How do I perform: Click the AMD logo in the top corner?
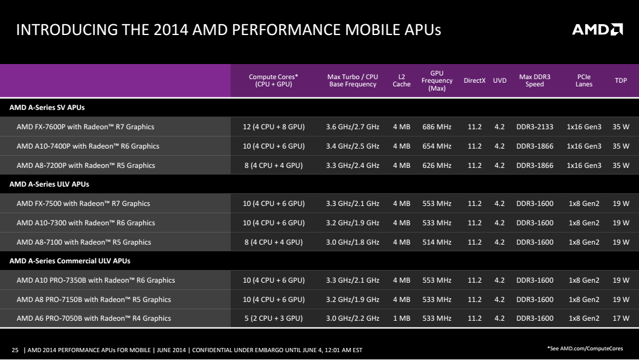[597, 29]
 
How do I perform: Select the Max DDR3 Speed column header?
[535, 80]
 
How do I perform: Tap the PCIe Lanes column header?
[583, 80]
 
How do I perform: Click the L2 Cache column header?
[402, 80]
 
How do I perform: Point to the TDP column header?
[621, 80]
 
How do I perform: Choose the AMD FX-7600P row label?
[85, 127]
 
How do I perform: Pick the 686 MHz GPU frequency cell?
[437, 127]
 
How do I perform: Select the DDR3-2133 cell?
[535, 127]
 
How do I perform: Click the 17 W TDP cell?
[621, 318]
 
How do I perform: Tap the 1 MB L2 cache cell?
[402, 318]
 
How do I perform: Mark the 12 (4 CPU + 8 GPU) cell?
[274, 127]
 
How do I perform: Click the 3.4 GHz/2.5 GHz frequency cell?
[353, 146]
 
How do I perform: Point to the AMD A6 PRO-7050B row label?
[94, 318]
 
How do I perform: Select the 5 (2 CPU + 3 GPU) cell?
[274, 318]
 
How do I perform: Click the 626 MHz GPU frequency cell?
[437, 166]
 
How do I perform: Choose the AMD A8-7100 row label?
[83, 242]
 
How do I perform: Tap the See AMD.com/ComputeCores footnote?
[585, 349]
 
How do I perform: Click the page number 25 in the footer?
[16, 350]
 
